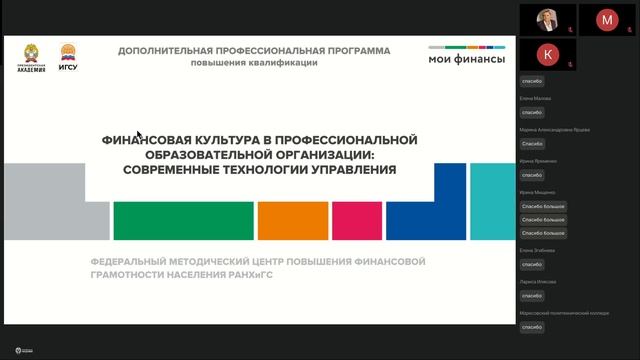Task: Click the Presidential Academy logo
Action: (x=32, y=57)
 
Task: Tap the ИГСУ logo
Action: (x=68, y=57)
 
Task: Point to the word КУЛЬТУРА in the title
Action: (x=209, y=140)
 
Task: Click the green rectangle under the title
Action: (x=182, y=221)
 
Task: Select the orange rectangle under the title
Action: (x=292, y=221)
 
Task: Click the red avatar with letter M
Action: (x=607, y=19)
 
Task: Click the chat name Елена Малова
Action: (x=535, y=98)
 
